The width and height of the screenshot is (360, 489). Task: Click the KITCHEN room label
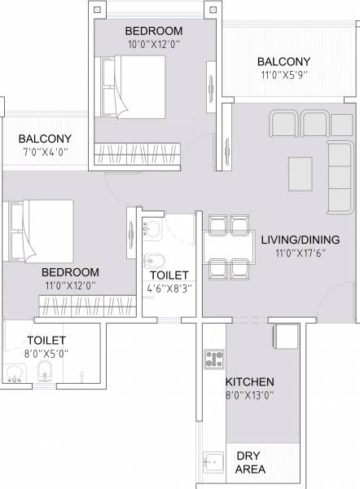[250, 381]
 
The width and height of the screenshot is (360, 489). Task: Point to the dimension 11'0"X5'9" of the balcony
[283, 76]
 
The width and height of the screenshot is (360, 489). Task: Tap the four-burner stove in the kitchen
[214, 359]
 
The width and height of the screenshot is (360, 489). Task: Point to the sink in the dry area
[213, 461]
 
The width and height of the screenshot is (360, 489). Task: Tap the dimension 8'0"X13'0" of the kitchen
[250, 396]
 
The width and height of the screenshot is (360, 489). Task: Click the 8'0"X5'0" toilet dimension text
[46, 354]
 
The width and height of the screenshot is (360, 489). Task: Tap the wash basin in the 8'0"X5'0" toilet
[14, 375]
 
